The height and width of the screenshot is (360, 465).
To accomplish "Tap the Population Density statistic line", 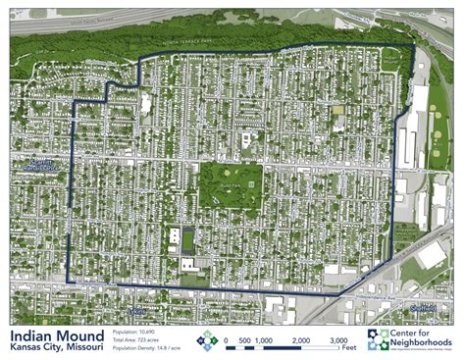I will (x=147, y=348).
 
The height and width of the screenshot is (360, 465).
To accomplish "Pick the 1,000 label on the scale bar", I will (x=263, y=340).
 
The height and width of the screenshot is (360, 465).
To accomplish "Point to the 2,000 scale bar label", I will (x=301, y=340).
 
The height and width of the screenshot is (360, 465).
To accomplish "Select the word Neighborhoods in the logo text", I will (x=423, y=343).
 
